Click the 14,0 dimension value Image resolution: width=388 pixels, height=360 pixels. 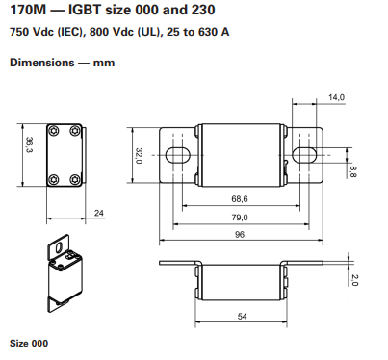[x=336, y=98]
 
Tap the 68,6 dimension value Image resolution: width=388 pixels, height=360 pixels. [x=239, y=198]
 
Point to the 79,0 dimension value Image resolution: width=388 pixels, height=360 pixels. [x=239, y=218]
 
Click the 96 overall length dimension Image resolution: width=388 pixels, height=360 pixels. [x=239, y=236]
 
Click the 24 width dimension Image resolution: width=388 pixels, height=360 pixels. [x=99, y=213]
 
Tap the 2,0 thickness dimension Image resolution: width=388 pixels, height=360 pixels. [x=354, y=280]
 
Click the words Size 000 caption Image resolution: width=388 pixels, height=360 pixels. [x=28, y=343]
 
